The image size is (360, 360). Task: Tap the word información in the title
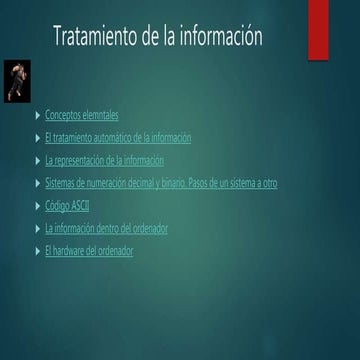225,37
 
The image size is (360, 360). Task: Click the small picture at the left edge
17,81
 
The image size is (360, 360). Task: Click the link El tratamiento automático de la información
118,138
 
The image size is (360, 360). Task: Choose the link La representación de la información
104,160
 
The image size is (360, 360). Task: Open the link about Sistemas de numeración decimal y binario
161,183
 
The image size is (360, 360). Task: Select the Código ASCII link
67,206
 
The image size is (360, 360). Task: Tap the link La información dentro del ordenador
106,228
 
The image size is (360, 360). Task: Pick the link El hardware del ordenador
89,251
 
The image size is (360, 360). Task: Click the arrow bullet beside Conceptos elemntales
38,115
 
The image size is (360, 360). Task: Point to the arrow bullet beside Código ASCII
38,206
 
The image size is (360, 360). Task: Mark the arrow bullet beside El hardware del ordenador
38,251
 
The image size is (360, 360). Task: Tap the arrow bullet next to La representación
38,160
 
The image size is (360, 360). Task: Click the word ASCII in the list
78,206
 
